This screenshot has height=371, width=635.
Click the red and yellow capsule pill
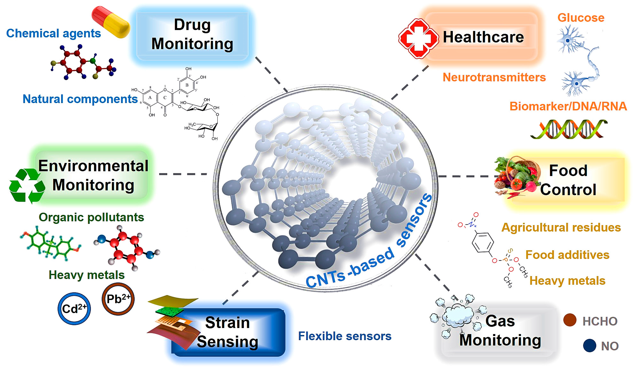point(111,22)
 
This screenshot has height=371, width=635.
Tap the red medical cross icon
point(418,38)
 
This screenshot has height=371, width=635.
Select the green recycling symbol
point(27,186)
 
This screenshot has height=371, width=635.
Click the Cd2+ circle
point(74,309)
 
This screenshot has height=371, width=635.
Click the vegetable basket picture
point(517,176)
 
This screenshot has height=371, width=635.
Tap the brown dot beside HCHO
point(570,320)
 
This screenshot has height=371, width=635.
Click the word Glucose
point(581,18)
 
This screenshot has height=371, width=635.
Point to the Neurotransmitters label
point(494,77)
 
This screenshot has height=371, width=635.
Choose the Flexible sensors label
point(345,336)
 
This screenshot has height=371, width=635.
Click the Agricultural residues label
point(561,227)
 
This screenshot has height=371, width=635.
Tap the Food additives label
point(567,255)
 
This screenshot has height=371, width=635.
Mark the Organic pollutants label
point(91,217)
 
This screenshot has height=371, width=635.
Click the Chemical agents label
point(53,33)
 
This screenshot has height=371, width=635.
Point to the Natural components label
point(80,99)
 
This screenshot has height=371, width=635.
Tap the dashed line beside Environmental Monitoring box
point(183,174)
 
